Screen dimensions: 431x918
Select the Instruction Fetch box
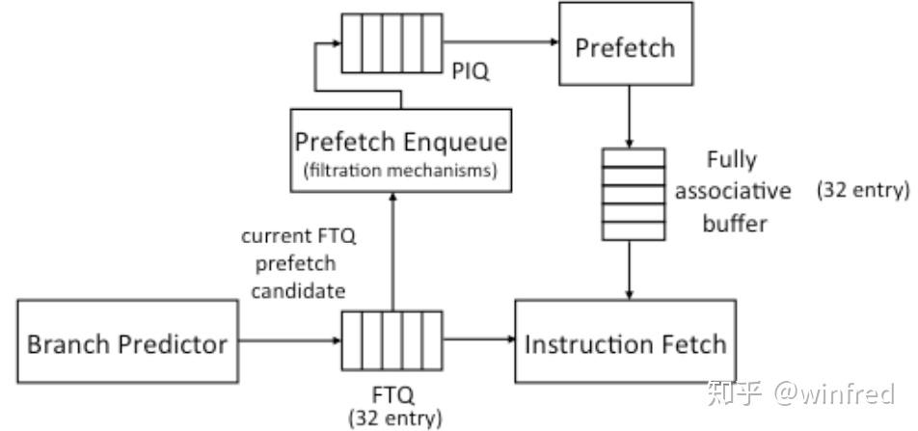pos(624,343)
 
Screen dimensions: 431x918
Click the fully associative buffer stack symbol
pos(632,194)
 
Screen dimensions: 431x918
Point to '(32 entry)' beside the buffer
pos(863,190)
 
